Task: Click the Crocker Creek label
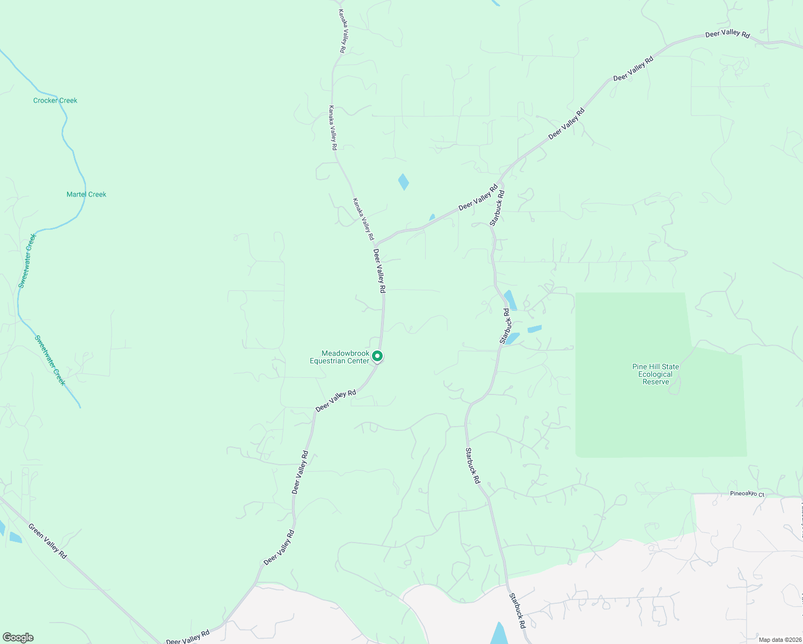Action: [x=55, y=100]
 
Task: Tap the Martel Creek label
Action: [x=86, y=194]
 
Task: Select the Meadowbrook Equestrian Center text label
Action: [x=340, y=357]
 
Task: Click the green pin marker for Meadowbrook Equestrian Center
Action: [x=377, y=356]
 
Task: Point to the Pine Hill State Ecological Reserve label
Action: [x=655, y=374]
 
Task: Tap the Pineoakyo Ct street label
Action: [x=747, y=494]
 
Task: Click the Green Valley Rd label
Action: [x=48, y=541]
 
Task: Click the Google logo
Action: [x=18, y=638]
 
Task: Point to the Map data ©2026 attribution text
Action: [x=779, y=640]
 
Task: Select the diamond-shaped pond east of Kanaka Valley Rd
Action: [x=404, y=182]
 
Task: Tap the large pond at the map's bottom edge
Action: [x=500, y=634]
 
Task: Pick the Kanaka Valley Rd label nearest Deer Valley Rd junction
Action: [x=363, y=219]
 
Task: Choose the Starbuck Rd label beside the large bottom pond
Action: [x=517, y=611]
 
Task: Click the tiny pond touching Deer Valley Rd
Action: [x=432, y=217]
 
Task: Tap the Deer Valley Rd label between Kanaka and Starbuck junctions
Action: [x=478, y=197]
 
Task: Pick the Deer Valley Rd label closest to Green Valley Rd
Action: [x=187, y=638]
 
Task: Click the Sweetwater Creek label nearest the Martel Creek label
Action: [x=27, y=261]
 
